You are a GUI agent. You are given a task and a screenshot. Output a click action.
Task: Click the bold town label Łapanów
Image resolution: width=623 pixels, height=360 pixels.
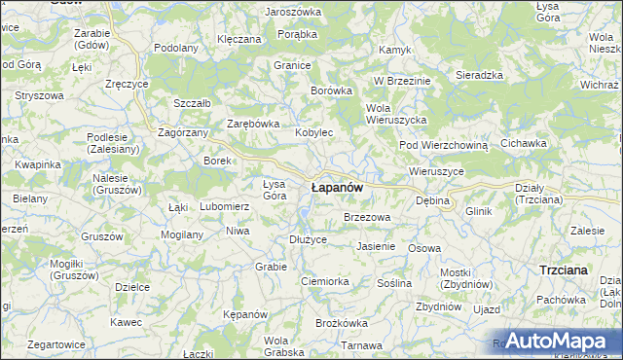click(337, 186)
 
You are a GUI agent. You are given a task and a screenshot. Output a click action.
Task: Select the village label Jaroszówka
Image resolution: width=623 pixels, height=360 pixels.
click(292, 12)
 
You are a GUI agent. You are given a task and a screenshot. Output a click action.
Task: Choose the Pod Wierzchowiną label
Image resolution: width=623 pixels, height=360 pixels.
click(442, 145)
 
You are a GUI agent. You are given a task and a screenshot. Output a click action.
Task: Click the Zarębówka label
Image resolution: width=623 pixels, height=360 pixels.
click(253, 124)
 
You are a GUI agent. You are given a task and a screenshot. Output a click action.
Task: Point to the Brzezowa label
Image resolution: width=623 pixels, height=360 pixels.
click(367, 217)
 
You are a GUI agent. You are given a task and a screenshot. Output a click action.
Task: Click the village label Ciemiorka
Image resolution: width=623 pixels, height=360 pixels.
click(324, 281)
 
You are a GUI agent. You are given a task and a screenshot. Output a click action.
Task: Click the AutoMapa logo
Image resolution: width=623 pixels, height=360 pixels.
click(553, 341)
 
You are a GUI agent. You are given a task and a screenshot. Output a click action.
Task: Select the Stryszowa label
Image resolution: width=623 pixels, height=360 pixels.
click(39, 96)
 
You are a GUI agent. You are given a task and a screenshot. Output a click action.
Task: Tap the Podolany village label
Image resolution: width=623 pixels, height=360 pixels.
click(176, 47)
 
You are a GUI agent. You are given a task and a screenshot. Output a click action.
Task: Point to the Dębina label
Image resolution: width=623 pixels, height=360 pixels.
click(432, 199)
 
